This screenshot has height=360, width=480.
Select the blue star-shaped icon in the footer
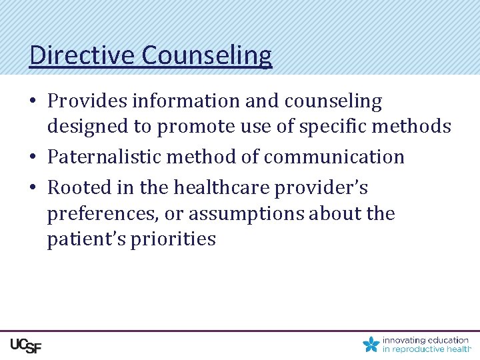[371, 345]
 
